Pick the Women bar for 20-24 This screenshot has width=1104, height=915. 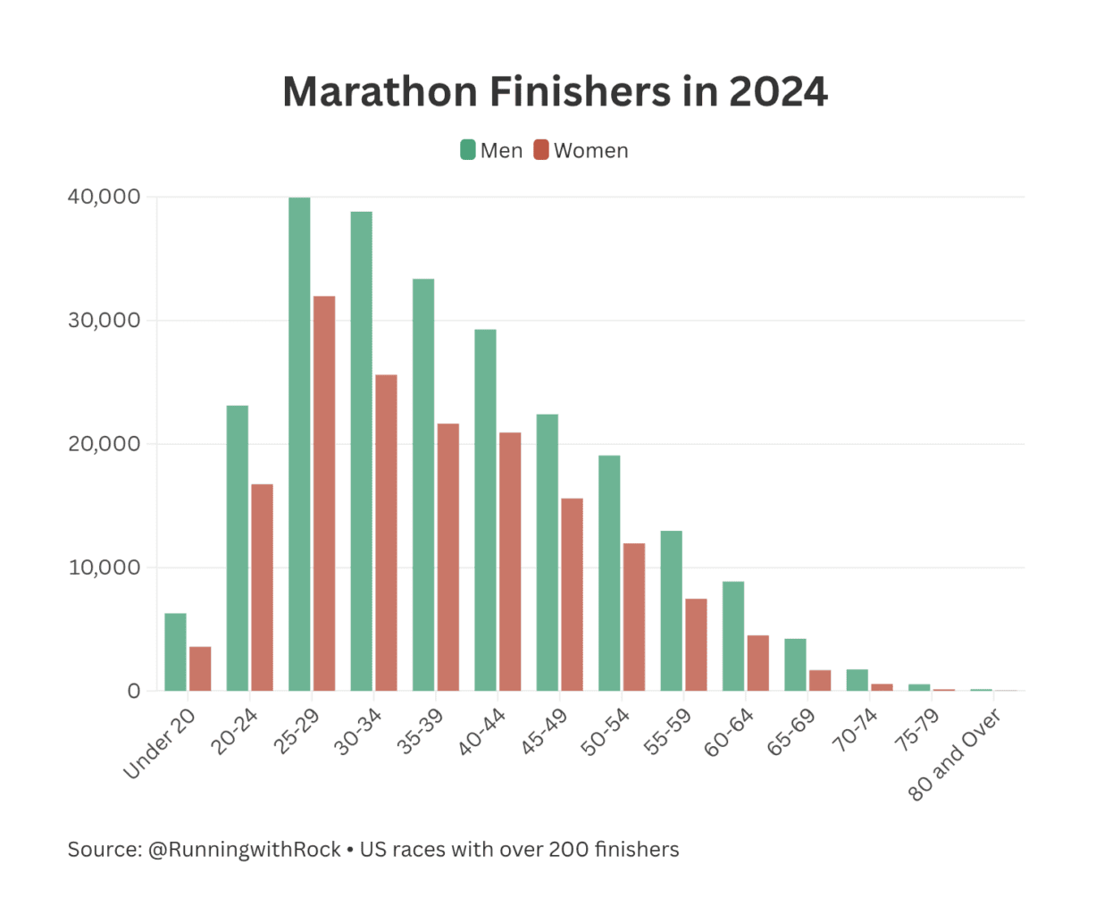click(262, 587)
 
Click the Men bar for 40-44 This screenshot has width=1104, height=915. click(485, 510)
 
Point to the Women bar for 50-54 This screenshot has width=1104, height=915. click(634, 617)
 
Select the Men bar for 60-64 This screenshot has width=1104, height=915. click(733, 636)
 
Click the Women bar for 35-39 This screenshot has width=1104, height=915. click(448, 557)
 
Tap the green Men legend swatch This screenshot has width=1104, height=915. click(468, 150)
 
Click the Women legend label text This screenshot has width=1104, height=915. click(590, 151)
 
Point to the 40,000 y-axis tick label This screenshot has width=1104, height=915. click(105, 197)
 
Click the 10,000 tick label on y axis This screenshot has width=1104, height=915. click(105, 567)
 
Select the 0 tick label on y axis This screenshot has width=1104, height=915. click(134, 691)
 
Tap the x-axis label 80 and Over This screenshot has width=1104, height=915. click(955, 755)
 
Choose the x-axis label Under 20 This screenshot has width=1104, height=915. click(160, 743)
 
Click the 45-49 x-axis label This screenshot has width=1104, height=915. click(544, 732)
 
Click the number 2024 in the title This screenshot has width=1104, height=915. click(778, 92)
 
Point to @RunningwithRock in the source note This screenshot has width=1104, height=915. click(244, 850)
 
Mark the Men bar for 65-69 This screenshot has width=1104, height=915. click(795, 665)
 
